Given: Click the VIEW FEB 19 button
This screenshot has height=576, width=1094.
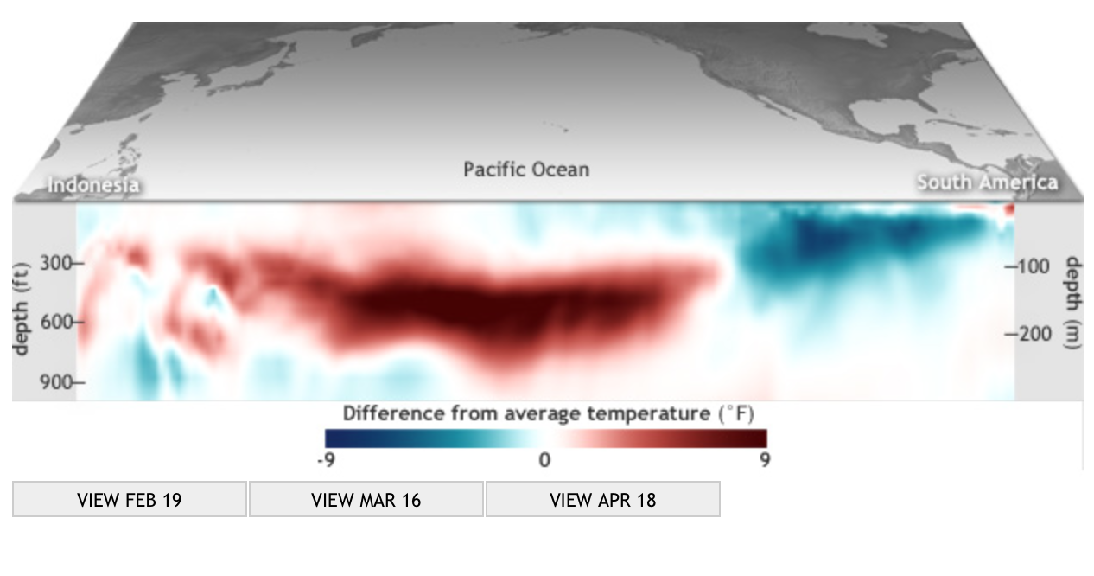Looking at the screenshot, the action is (x=130, y=499).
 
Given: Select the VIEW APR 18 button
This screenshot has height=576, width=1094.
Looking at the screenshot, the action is (x=602, y=499).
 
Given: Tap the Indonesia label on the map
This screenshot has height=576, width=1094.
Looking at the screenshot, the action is (x=93, y=185).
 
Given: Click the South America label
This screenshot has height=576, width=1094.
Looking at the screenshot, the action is (x=987, y=182).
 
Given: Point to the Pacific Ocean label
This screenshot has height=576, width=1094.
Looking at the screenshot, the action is (x=526, y=170).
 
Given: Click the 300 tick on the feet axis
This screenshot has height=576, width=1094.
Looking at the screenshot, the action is (x=62, y=263).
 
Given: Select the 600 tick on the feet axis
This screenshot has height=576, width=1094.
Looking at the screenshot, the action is (x=62, y=323).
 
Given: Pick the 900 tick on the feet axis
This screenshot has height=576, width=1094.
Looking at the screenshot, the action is (x=62, y=382).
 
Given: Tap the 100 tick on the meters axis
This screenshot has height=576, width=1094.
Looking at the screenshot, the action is (x=1027, y=266).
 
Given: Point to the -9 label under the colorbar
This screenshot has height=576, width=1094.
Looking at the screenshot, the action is (x=327, y=460).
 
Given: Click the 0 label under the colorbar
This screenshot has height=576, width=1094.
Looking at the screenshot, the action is (x=544, y=460).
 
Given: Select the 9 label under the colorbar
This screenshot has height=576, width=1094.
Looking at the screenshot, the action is (x=765, y=460).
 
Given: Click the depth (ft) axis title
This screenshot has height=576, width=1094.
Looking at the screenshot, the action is (x=21, y=308).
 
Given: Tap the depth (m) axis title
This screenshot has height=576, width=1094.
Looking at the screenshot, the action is (x=1073, y=304).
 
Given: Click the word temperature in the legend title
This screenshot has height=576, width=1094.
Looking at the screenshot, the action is (x=649, y=413).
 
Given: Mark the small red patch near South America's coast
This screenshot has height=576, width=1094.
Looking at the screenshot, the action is (x=1009, y=210).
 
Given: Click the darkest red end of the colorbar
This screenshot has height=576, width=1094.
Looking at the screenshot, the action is (x=760, y=438).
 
